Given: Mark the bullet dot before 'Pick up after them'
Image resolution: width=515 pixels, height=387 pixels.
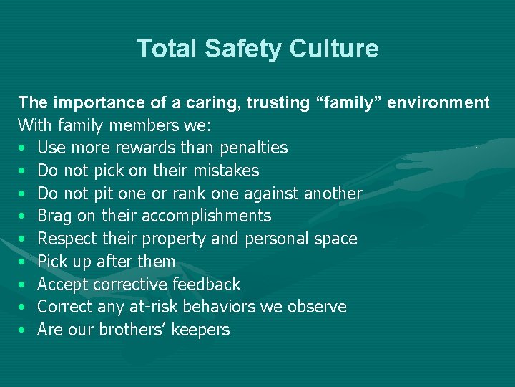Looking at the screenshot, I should pos(24,262).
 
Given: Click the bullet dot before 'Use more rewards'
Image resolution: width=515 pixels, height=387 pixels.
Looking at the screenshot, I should pos(24,148).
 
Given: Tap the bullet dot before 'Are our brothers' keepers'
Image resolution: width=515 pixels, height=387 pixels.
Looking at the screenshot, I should pos(24,330).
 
